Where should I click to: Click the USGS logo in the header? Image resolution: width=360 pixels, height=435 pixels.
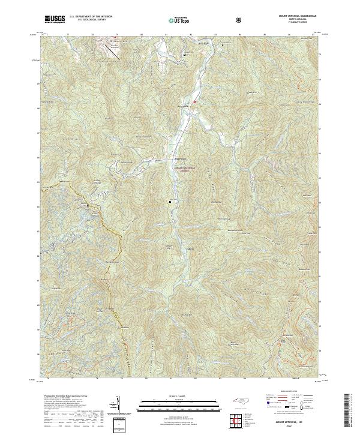[x=55, y=20]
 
